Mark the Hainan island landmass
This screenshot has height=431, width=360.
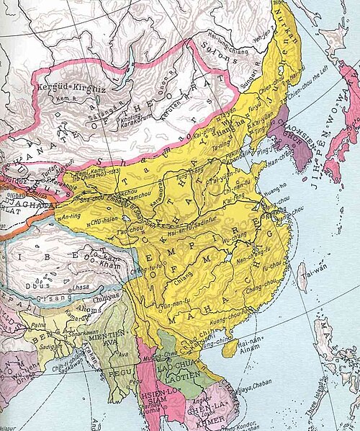230,349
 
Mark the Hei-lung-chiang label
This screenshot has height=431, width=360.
223,43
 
